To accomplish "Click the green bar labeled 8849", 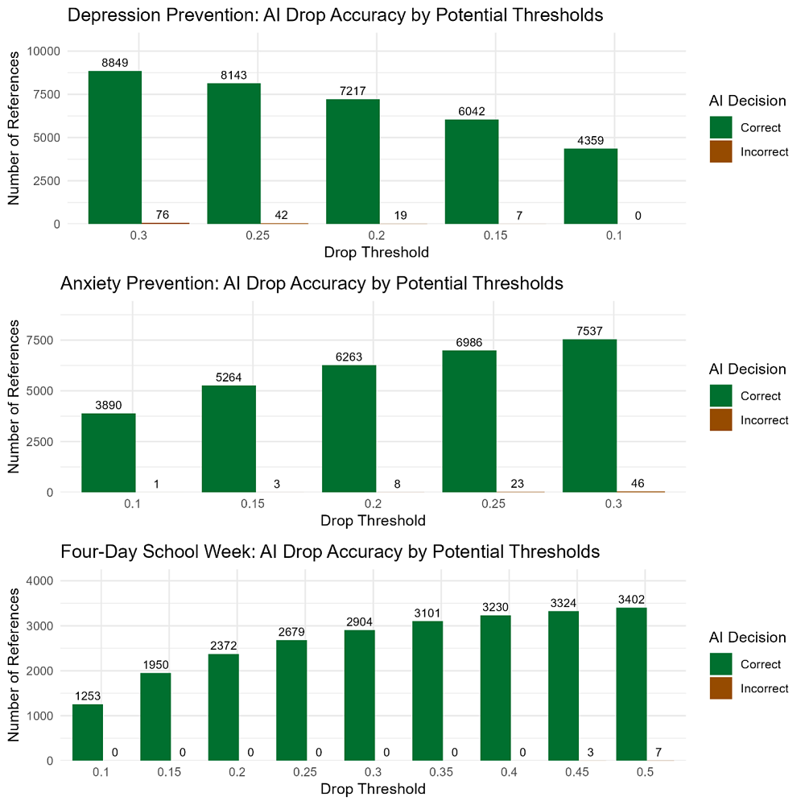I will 115,147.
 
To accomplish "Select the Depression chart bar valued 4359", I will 591,186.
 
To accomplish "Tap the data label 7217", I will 353,92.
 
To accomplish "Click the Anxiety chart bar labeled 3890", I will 108,452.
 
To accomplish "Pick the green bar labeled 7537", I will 589,415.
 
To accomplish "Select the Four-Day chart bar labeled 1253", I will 88,732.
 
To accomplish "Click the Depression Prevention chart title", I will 335,15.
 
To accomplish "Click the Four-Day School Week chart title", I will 330,551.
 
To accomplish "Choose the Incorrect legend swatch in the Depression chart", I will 720,151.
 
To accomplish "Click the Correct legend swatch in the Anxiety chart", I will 720,395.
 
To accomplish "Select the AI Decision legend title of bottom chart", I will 747,638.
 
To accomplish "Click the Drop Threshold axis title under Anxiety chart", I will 373,520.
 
